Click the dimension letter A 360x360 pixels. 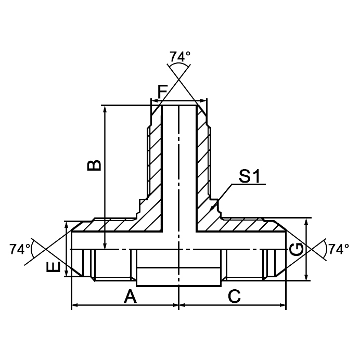click(x=130, y=297)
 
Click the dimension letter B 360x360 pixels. click(x=94, y=165)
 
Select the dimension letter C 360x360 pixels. click(x=234, y=297)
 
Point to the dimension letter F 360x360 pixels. click(x=163, y=91)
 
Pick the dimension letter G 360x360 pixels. click(x=297, y=250)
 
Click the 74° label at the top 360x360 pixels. click(x=179, y=57)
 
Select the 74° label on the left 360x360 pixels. click(x=20, y=249)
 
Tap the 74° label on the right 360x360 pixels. click(x=339, y=249)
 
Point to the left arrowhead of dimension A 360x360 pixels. click(x=74, y=306)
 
